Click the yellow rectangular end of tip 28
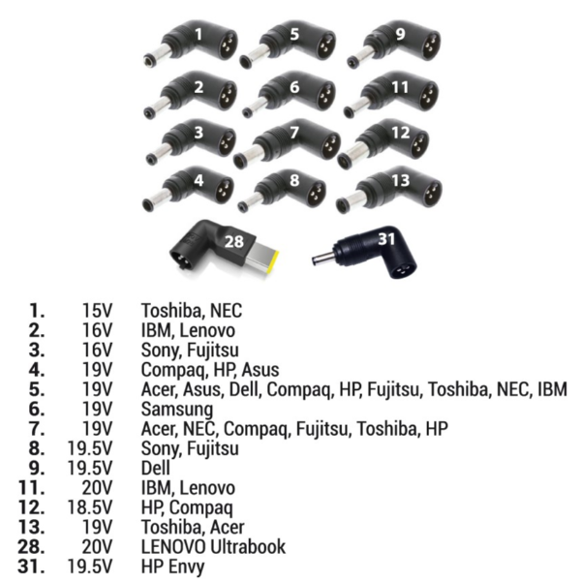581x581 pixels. point(266,260)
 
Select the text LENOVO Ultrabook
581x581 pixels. point(213,545)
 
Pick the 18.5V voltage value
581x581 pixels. point(92,506)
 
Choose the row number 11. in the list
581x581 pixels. point(30,487)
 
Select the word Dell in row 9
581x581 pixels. point(157,468)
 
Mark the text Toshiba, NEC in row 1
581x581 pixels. point(191,311)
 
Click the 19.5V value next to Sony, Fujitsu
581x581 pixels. point(92,448)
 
